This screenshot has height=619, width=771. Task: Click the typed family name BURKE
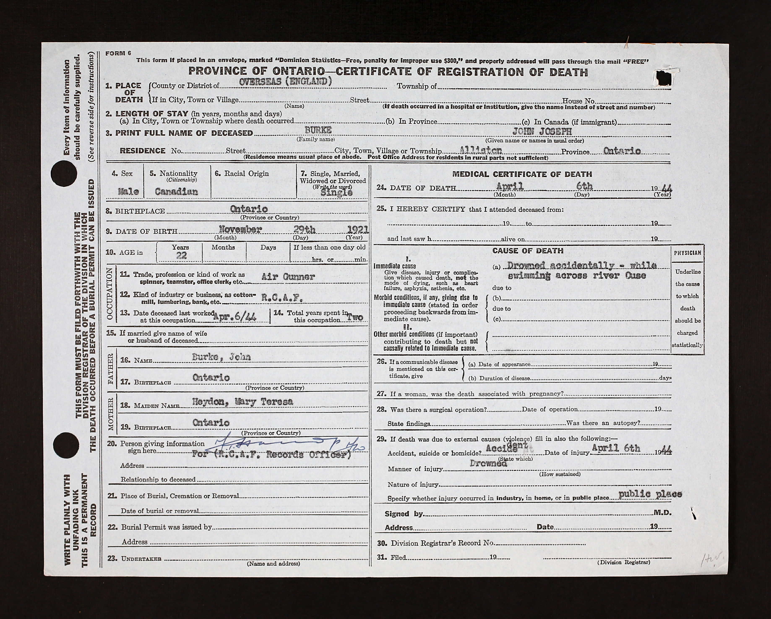(x=318, y=130)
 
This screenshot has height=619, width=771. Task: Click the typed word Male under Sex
(x=128, y=192)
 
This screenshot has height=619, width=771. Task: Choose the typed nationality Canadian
(x=176, y=192)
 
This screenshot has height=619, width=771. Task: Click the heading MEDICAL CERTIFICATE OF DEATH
(x=522, y=174)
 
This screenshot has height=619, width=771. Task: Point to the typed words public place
(x=650, y=494)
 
